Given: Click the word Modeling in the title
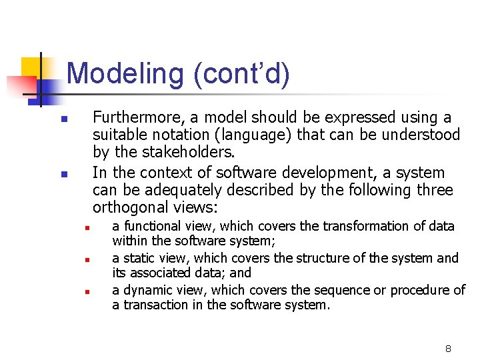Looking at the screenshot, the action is tap(125, 73).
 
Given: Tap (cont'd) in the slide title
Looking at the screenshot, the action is tap(242, 73).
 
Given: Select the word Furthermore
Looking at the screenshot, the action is tap(139, 117).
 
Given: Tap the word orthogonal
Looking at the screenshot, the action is tap(131, 208).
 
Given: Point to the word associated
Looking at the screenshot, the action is tap(160, 273).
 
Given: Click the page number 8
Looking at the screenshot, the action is tap(448, 349).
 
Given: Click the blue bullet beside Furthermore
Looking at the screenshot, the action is tap(64, 119).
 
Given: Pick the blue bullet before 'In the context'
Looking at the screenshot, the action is tap(64, 174).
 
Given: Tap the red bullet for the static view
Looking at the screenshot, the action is tap(87, 260).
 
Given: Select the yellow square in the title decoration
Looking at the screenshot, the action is tap(31, 68).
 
